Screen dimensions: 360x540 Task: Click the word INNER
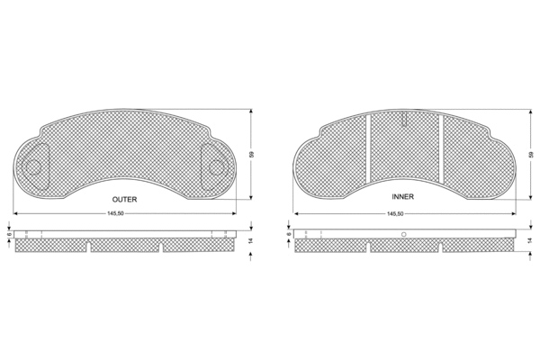pyautogui.click(x=402, y=195)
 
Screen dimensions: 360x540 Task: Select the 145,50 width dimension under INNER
pyautogui.click(x=395, y=213)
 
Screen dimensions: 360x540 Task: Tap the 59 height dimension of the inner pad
pyautogui.click(x=528, y=155)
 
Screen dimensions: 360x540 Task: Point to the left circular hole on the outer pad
pyautogui.click(x=34, y=166)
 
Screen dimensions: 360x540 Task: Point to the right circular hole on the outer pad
pyautogui.click(x=216, y=166)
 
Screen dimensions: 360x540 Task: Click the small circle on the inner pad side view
pyautogui.click(x=403, y=235)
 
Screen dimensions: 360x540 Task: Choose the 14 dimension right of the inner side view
pyautogui.click(x=528, y=241)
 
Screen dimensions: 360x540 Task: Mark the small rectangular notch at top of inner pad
pyautogui.click(x=405, y=118)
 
